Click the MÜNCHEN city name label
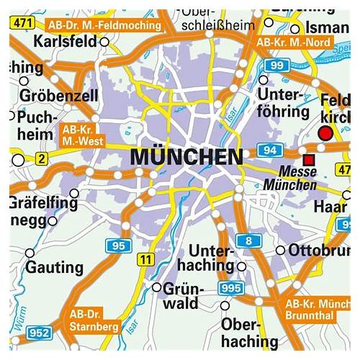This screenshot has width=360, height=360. tap(186, 157)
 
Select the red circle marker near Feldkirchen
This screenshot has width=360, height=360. tap(326, 133)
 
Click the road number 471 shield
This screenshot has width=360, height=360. tap(24, 24)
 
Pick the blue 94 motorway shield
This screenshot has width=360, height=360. tap(272, 150)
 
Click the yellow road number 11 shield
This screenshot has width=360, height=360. tap(147, 258)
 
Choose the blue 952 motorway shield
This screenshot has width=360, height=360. tap(39, 333)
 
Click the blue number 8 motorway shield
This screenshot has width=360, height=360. tap(248, 240)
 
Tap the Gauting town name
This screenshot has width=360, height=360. tap(55, 267)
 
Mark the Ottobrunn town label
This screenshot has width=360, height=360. tap(318, 251)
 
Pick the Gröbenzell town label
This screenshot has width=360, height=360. tap(50, 94)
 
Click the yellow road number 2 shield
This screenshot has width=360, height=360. tap(42, 158)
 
